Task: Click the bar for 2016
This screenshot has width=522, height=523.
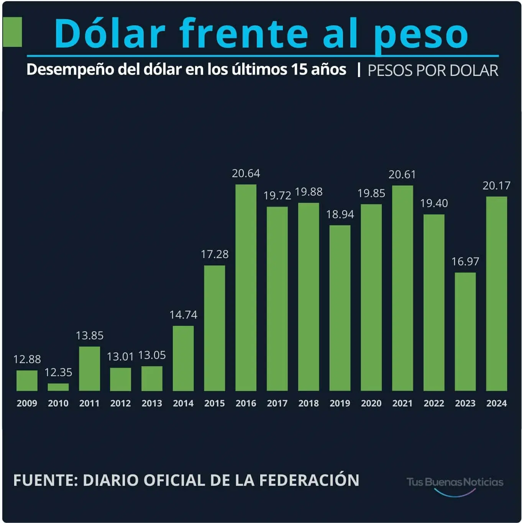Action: pyautogui.click(x=246, y=288)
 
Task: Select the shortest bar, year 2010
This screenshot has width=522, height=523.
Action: pyautogui.click(x=58, y=387)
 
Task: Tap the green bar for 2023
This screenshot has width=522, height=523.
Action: pyautogui.click(x=465, y=332)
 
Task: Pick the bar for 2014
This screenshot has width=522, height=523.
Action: pyautogui.click(x=183, y=358)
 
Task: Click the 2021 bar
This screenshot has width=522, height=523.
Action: pyautogui.click(x=402, y=288)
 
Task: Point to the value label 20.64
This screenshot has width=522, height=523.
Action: pyautogui.click(x=246, y=174)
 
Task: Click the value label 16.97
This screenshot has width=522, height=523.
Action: pyautogui.click(x=465, y=261)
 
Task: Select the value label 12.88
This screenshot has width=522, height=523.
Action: pyautogui.click(x=27, y=359)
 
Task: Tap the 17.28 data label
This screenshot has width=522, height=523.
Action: pyautogui.click(x=215, y=254)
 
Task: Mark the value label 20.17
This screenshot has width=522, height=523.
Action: pyautogui.click(x=496, y=186)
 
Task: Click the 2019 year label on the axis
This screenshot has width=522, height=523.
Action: pyautogui.click(x=340, y=403)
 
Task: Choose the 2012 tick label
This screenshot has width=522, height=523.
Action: pyautogui.click(x=120, y=403)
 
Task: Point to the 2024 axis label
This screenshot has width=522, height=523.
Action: pyautogui.click(x=496, y=403)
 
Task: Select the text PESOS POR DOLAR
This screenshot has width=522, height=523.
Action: pyautogui.click(x=433, y=71)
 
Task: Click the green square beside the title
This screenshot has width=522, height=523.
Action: pyautogui.click(x=12, y=32)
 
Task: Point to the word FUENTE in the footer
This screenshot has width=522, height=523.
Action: pyautogui.click(x=45, y=480)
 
